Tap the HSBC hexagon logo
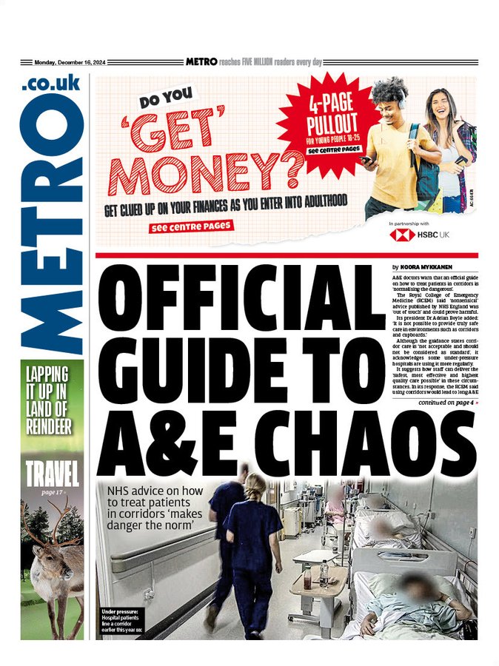click(402, 234)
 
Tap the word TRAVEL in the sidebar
click(53, 473)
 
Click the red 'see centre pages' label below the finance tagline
click(191, 226)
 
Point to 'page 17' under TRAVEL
click(53, 491)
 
